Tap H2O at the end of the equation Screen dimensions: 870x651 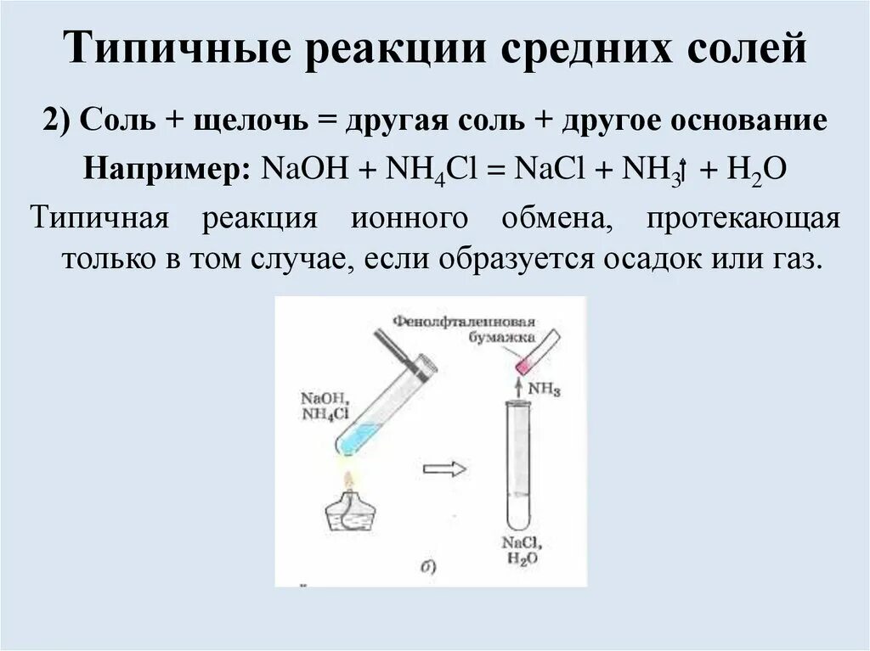[757, 168]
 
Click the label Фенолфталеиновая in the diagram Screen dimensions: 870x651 [464, 323]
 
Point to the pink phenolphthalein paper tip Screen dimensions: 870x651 [523, 367]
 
